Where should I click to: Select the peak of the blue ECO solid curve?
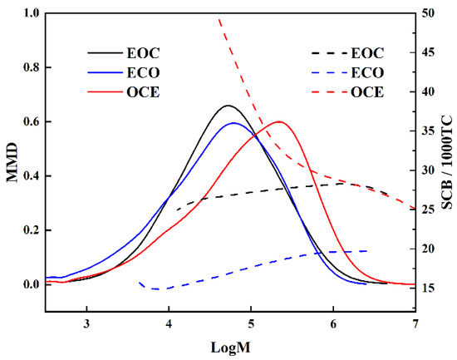click(233, 123)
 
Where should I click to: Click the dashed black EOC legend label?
click(368, 52)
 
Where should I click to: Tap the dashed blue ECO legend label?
click(368, 71)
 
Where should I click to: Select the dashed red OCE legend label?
click(368, 90)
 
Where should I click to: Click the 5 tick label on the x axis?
click(251, 325)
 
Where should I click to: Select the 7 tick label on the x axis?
click(415, 325)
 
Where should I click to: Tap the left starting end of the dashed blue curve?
click(139, 283)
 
